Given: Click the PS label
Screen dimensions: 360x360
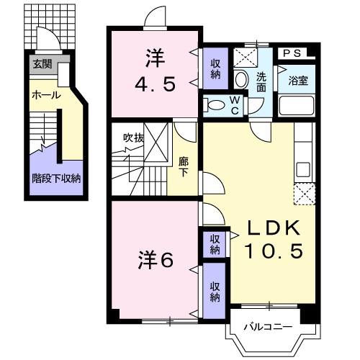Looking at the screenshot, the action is [292, 53].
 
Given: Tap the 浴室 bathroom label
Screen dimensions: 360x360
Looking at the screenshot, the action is [298, 81].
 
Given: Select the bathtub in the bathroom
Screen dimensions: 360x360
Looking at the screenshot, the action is [297, 106].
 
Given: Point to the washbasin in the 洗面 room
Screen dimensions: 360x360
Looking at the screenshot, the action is [241, 79].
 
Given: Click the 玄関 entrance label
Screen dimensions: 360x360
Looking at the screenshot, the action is [42, 64].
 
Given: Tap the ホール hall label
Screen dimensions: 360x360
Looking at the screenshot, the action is [46, 96].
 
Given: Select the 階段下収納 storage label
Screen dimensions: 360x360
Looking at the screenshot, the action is [56, 179].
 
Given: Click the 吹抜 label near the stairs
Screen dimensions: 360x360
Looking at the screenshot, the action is [134, 138].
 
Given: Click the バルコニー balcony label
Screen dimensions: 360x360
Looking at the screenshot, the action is [268, 327].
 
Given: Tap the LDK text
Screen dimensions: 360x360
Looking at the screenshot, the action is [274, 228].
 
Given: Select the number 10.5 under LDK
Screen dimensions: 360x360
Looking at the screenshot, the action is [274, 251].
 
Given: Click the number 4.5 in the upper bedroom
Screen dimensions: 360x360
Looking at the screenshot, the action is [155, 84].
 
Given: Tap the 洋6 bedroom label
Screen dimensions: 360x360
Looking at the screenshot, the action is [156, 260].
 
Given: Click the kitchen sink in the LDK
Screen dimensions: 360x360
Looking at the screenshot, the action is [303, 169].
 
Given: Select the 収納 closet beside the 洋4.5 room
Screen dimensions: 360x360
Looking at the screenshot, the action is [215, 69].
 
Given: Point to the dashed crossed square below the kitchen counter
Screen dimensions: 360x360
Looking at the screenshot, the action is [305, 194].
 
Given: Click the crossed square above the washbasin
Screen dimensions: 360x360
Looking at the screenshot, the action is [246, 58].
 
